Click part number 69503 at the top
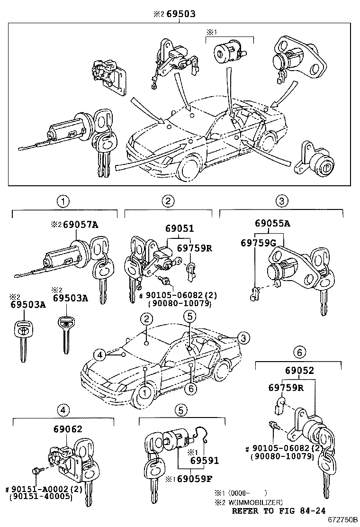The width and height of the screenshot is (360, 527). (179, 14)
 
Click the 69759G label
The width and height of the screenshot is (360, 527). (258, 242)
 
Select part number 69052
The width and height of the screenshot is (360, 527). (299, 371)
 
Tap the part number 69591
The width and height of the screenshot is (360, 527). (204, 461)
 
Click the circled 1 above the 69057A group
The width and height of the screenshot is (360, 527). (63, 201)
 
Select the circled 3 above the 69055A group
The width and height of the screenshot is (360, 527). (281, 201)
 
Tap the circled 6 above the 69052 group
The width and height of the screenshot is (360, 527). (298, 353)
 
